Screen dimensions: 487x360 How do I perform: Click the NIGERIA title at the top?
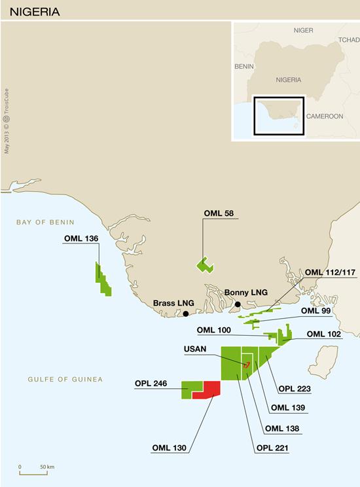click(x=34, y=11)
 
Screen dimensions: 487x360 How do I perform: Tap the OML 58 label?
click(x=219, y=213)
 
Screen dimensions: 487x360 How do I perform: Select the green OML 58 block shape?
click(x=205, y=264)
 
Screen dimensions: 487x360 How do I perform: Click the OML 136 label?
click(x=81, y=238)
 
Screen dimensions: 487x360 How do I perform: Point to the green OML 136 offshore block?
click(x=103, y=280)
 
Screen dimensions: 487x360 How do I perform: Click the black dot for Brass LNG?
click(x=187, y=314)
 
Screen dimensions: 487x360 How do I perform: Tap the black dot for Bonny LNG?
click(x=238, y=304)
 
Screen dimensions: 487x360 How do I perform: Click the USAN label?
click(x=196, y=349)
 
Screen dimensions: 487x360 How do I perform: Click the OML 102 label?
click(x=325, y=334)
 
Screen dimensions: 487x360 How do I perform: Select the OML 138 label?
click(x=281, y=429)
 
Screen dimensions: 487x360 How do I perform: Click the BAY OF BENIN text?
click(x=46, y=223)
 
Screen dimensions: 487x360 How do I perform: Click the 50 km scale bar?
click(x=33, y=471)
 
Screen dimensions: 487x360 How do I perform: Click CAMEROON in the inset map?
click(x=325, y=116)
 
